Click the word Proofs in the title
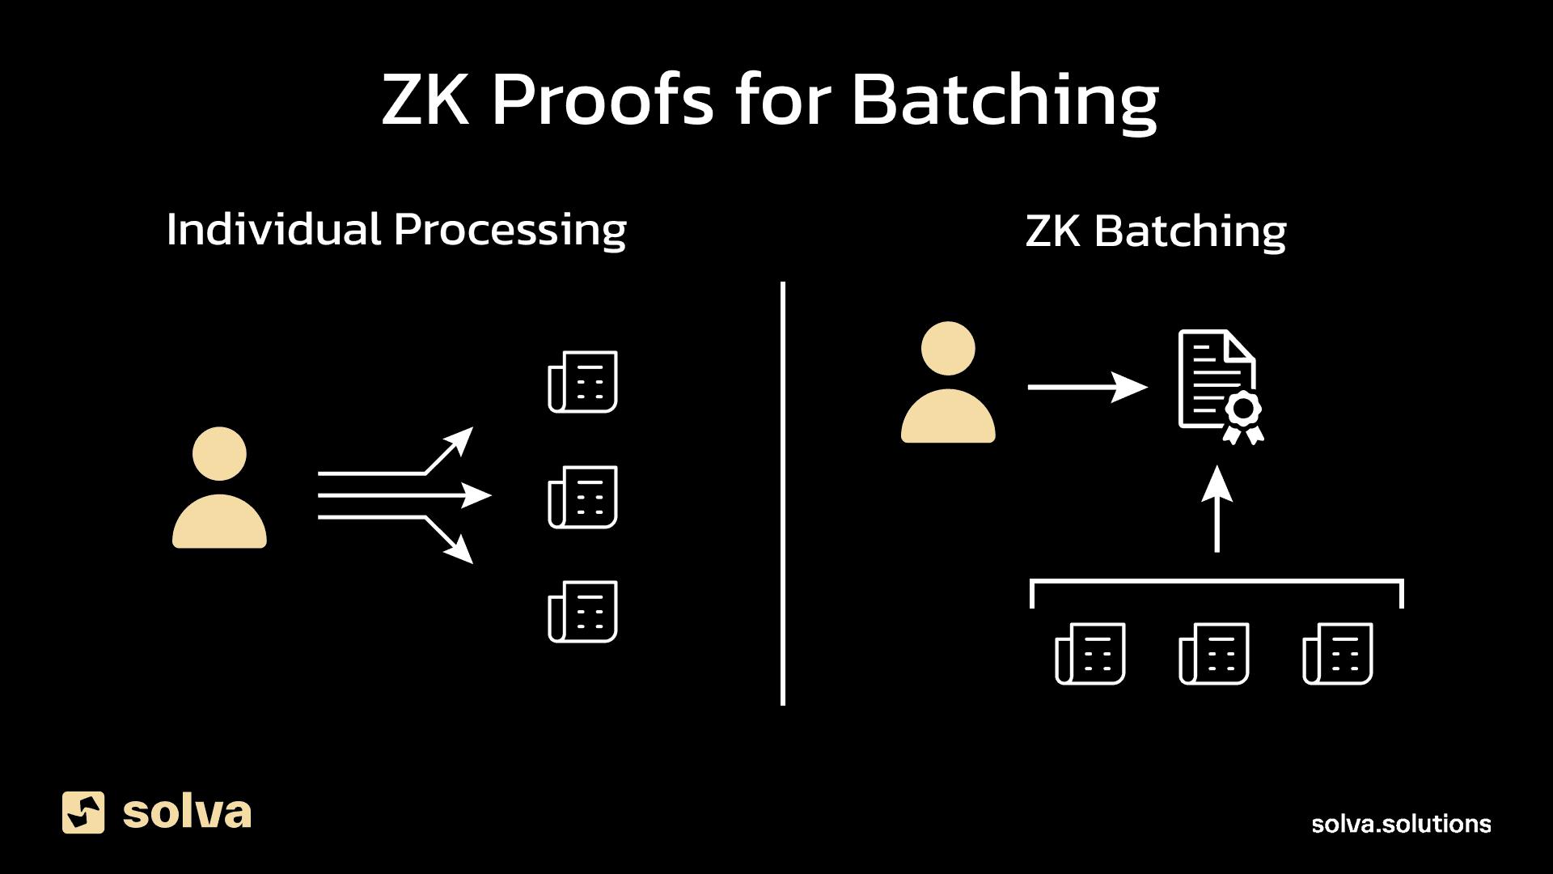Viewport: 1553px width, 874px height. [602, 100]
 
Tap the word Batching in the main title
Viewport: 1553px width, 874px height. [1005, 100]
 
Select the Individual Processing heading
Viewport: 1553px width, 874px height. [396, 230]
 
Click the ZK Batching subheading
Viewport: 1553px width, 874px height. [1156, 231]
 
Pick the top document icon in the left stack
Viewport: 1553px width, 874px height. [583, 382]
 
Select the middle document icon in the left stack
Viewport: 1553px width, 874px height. [583, 497]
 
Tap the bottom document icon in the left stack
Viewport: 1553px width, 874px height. [583, 612]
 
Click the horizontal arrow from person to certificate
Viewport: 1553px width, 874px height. [1087, 387]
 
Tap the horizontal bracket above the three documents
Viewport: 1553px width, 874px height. [1217, 581]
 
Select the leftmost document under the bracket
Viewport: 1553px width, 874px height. [1090, 654]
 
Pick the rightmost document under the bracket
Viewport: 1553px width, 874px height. [1338, 654]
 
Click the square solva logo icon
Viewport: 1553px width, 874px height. [83, 812]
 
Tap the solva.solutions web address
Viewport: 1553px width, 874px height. [1401, 824]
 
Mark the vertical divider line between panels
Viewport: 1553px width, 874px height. [783, 494]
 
